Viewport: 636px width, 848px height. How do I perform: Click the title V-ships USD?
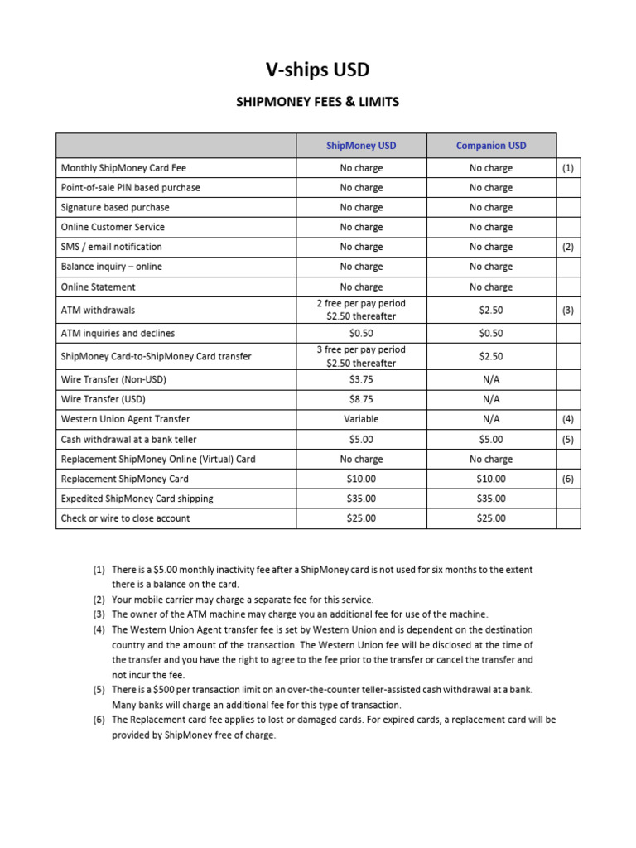(x=319, y=70)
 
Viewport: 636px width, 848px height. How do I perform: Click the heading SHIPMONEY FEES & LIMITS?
(x=319, y=102)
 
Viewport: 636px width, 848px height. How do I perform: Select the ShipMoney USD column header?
(x=361, y=146)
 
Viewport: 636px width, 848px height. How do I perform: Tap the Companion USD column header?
(x=491, y=146)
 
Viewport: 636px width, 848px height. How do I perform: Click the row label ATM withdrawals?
(x=98, y=311)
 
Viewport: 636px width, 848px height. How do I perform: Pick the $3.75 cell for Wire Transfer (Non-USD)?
(x=361, y=379)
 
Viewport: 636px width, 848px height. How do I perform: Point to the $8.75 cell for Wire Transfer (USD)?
(x=361, y=399)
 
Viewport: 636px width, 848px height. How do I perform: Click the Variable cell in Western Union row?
(x=361, y=419)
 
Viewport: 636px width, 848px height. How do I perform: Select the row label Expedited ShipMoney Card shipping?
(x=137, y=499)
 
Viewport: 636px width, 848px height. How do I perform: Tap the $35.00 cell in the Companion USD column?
(x=491, y=499)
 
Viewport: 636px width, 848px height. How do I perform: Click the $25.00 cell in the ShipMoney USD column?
(x=361, y=518)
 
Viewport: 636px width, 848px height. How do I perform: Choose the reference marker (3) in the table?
(x=567, y=311)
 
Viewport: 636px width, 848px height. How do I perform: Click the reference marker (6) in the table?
(x=567, y=479)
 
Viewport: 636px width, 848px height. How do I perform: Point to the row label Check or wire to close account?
(x=125, y=518)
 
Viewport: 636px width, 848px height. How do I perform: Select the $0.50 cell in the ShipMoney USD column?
(x=361, y=333)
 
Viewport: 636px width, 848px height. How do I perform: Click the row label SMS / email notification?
(x=112, y=247)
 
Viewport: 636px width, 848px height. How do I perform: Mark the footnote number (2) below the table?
(x=99, y=600)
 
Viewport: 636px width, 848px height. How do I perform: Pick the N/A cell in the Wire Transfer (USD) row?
(x=491, y=399)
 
